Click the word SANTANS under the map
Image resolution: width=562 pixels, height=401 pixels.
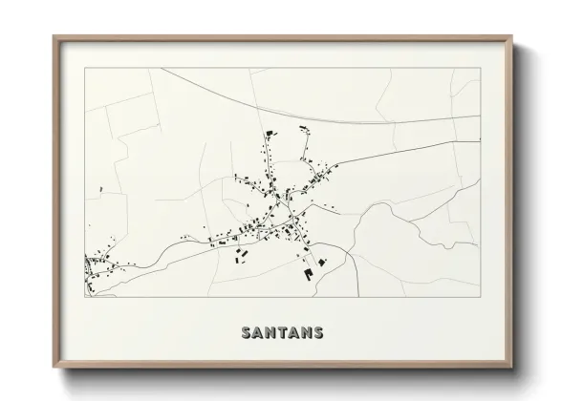[282, 332]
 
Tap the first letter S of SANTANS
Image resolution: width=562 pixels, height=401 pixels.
[247, 332]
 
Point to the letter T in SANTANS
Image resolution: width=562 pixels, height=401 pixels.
[282, 332]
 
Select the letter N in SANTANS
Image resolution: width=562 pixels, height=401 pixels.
[270, 332]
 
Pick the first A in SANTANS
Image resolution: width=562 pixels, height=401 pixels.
[258, 332]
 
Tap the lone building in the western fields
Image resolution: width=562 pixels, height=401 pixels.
[101, 190]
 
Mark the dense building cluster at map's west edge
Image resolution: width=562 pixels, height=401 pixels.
[93, 269]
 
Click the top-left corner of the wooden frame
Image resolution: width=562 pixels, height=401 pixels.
[54, 37]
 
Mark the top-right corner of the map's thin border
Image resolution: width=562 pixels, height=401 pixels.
[480, 68]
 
